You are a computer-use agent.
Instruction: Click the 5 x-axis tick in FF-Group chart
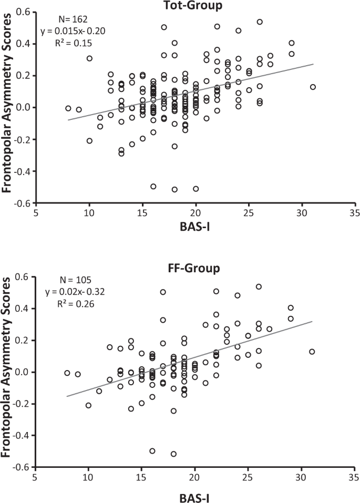(35, 479)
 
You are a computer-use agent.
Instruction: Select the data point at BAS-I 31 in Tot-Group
(313, 87)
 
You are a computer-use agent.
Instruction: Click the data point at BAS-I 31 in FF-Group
(313, 352)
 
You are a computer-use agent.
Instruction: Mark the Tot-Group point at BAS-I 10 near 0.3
(89, 58)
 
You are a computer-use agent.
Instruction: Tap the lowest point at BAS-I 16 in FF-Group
(153, 451)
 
